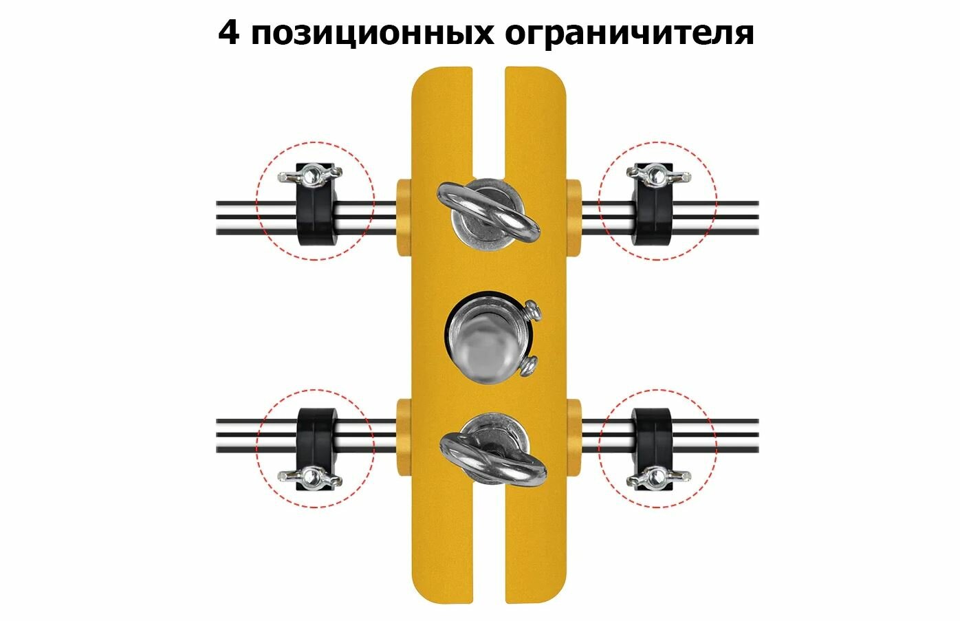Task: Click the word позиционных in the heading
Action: click(x=372, y=34)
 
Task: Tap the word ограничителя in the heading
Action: click(x=629, y=34)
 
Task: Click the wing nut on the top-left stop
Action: click(x=310, y=175)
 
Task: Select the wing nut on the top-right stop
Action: click(x=658, y=175)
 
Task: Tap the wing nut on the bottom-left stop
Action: click(x=310, y=476)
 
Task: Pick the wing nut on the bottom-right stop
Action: click(x=658, y=476)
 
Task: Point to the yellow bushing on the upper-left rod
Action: click(x=404, y=218)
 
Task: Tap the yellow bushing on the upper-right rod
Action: click(x=574, y=218)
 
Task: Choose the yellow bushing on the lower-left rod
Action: click(x=404, y=437)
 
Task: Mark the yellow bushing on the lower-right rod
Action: click(x=574, y=437)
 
